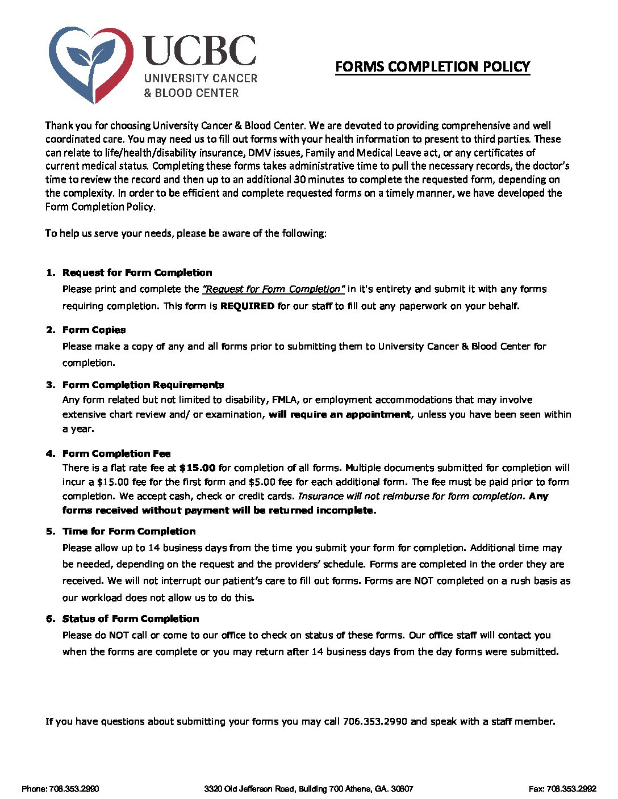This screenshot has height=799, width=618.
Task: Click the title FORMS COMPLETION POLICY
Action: pyautogui.click(x=432, y=67)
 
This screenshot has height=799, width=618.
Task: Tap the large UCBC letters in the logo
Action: pyautogui.click(x=199, y=51)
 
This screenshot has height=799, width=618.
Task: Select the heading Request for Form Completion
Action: pyautogui.click(x=137, y=272)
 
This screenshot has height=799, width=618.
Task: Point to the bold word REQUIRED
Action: pyautogui.click(x=247, y=306)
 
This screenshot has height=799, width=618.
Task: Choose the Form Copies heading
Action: pyautogui.click(x=94, y=330)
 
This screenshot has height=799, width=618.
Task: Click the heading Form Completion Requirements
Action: pyautogui.click(x=143, y=385)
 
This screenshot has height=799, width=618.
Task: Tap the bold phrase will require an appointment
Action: pyautogui.click(x=340, y=414)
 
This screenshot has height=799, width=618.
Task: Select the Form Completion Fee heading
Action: pyautogui.click(x=116, y=453)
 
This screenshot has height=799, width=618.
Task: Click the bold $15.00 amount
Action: pyautogui.click(x=197, y=468)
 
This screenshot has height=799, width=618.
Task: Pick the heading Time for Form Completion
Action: pyautogui.click(x=129, y=531)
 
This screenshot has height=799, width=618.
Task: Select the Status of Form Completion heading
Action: pyautogui.click(x=131, y=619)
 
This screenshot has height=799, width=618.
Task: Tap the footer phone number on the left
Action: pyautogui.click(x=61, y=789)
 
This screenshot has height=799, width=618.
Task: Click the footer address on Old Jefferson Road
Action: pyautogui.click(x=308, y=789)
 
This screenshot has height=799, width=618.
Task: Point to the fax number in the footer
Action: pyautogui.click(x=562, y=789)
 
